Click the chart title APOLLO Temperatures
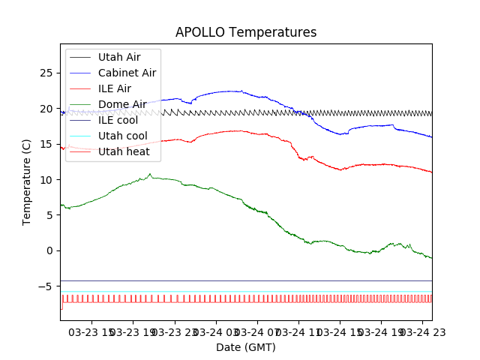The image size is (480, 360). (246, 33)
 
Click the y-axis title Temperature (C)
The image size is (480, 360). (27, 182)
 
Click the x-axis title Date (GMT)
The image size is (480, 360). (246, 347)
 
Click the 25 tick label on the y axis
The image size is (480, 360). (46, 73)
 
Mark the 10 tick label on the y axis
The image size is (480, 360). (46, 180)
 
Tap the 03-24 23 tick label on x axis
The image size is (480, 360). (422, 331)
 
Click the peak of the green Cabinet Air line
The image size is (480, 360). (150, 174)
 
